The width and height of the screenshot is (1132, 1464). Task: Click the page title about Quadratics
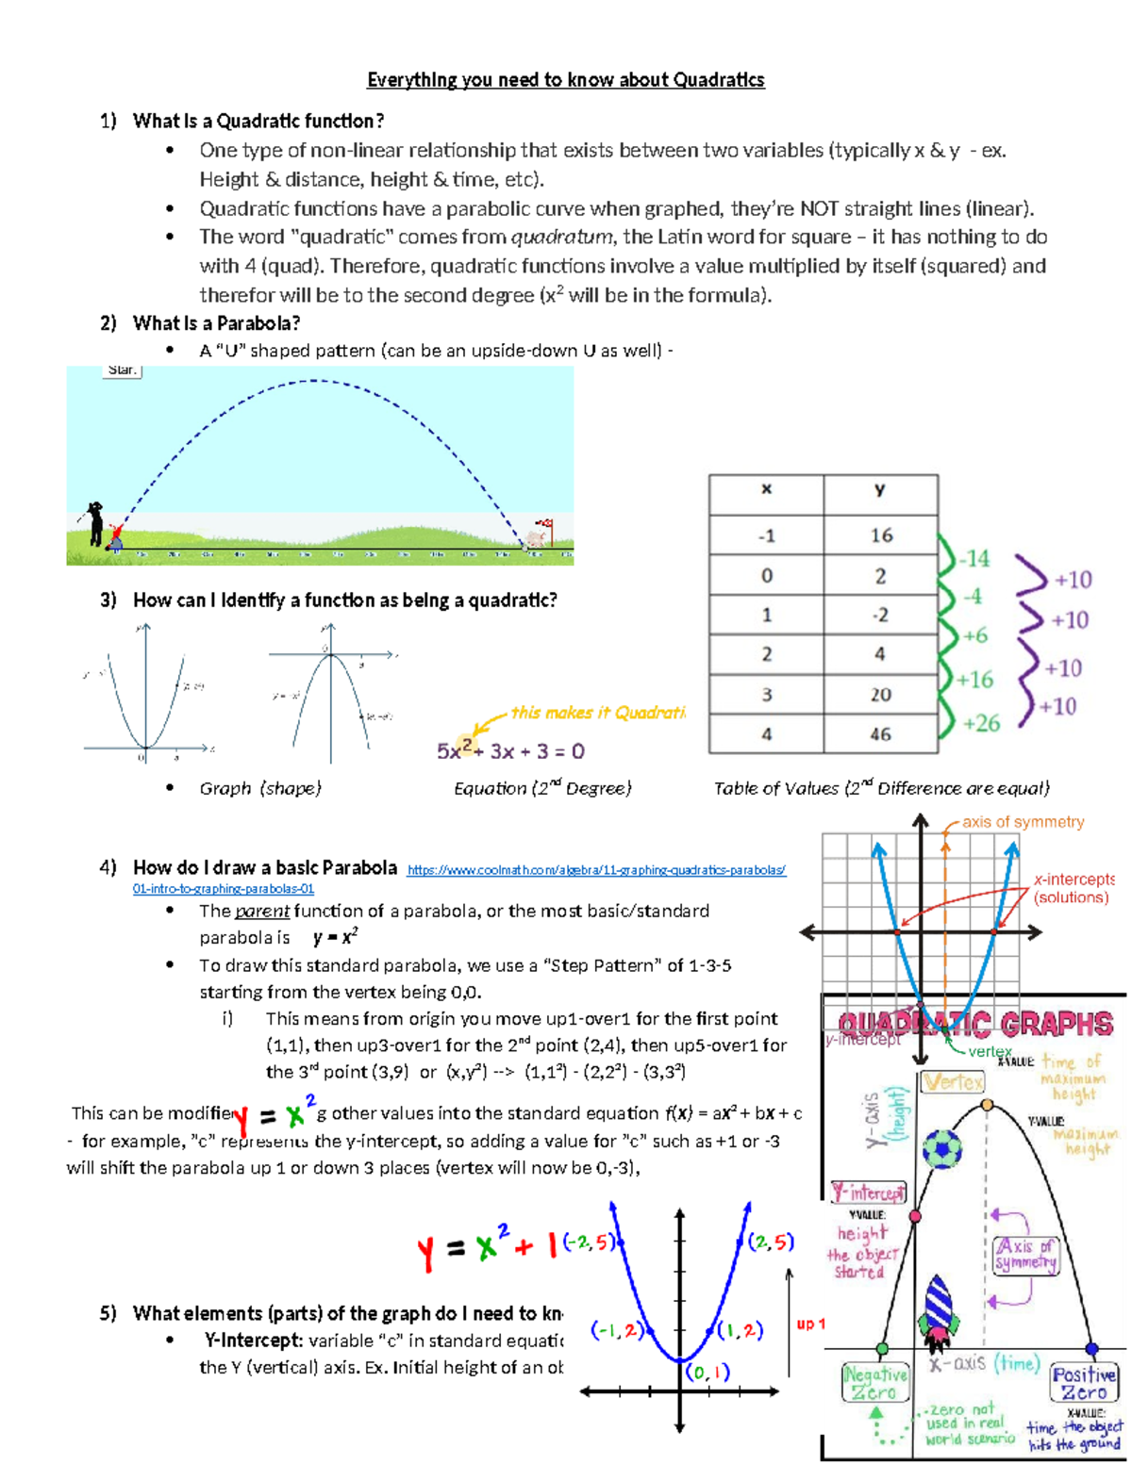click(565, 80)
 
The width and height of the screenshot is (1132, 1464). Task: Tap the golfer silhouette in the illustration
click(94, 524)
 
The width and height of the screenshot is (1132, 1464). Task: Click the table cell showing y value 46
click(880, 734)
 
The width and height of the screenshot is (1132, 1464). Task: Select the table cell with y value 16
click(880, 535)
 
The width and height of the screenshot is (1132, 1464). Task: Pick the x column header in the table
click(766, 489)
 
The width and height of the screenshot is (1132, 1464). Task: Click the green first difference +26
click(981, 723)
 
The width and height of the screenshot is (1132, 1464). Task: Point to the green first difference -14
click(974, 559)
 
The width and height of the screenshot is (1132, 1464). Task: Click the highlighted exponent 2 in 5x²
click(467, 745)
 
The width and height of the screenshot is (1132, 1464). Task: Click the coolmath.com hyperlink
click(596, 870)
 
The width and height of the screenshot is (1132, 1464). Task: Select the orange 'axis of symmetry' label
click(1023, 822)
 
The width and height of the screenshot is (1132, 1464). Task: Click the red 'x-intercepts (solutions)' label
click(1074, 888)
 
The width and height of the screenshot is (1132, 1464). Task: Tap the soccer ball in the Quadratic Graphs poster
click(941, 1149)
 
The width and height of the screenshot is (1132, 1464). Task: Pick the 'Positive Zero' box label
click(1084, 1384)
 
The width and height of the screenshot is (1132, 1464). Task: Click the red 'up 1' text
click(810, 1324)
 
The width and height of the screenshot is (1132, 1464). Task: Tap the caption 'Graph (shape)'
click(259, 788)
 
